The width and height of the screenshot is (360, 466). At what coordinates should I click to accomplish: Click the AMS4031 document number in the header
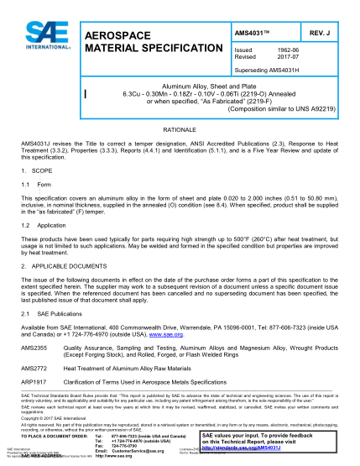click(x=255, y=32)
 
